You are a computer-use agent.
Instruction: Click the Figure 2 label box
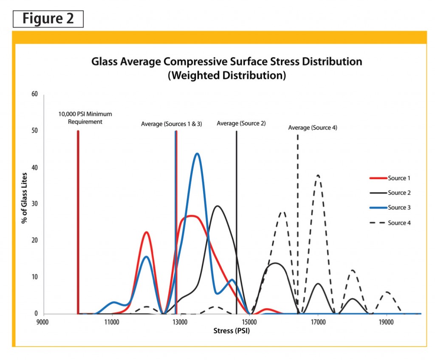(48, 19)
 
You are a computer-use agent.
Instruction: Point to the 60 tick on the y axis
(35, 94)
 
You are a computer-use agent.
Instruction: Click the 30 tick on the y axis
(35, 204)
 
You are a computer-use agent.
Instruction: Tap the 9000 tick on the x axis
(43, 322)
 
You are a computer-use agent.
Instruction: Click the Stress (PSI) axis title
(232, 331)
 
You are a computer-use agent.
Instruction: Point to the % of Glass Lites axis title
(25, 204)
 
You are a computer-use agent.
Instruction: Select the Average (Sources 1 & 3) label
(171, 124)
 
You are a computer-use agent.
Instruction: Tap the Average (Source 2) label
(241, 123)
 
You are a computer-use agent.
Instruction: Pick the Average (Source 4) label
(312, 127)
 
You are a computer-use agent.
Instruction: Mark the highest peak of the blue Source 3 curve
(197, 154)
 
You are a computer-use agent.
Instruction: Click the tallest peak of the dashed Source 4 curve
(318, 175)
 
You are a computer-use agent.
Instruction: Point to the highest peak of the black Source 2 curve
(217, 206)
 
